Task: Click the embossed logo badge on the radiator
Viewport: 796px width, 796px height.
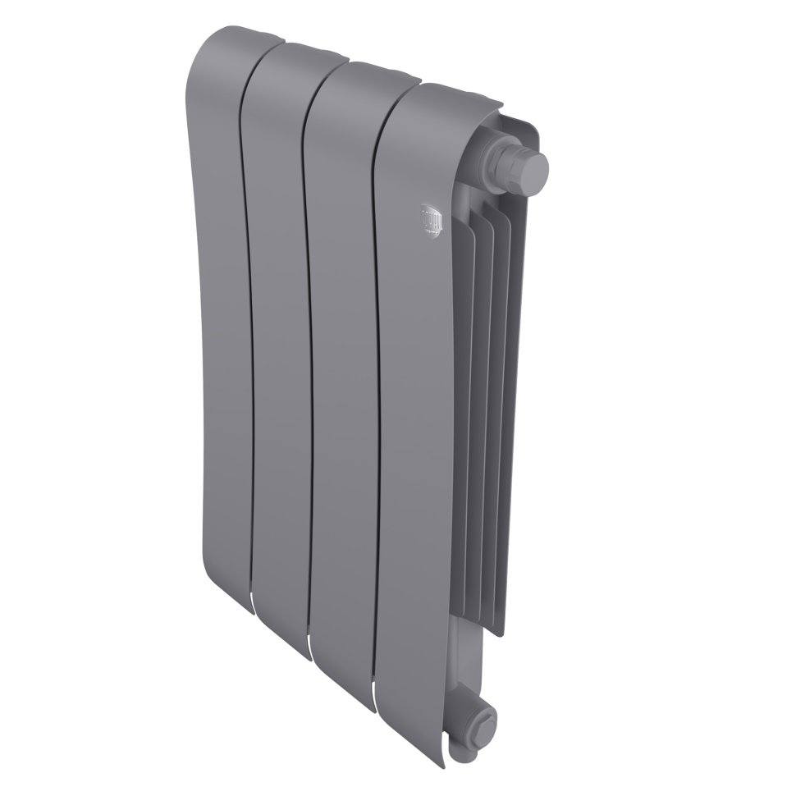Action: tap(432, 219)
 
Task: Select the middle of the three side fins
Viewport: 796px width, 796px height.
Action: tap(484, 410)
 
